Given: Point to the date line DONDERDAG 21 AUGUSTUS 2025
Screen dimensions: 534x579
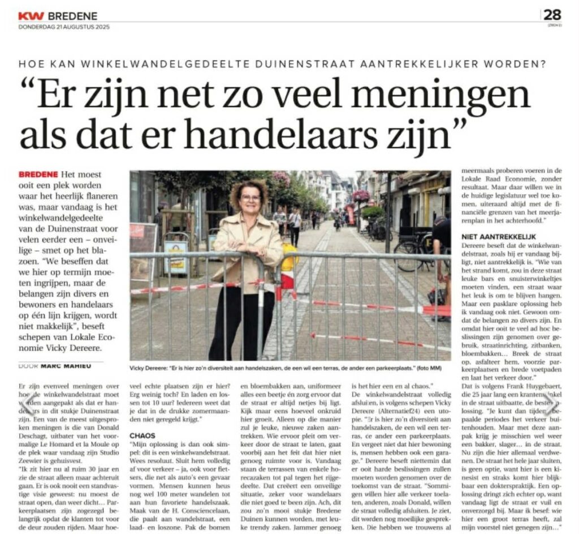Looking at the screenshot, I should [64, 27].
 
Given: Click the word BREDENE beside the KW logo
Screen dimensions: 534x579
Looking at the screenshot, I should [73, 16].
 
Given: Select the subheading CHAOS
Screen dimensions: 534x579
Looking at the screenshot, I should [142, 435].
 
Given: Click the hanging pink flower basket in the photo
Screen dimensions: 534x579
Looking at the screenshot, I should [360, 196].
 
